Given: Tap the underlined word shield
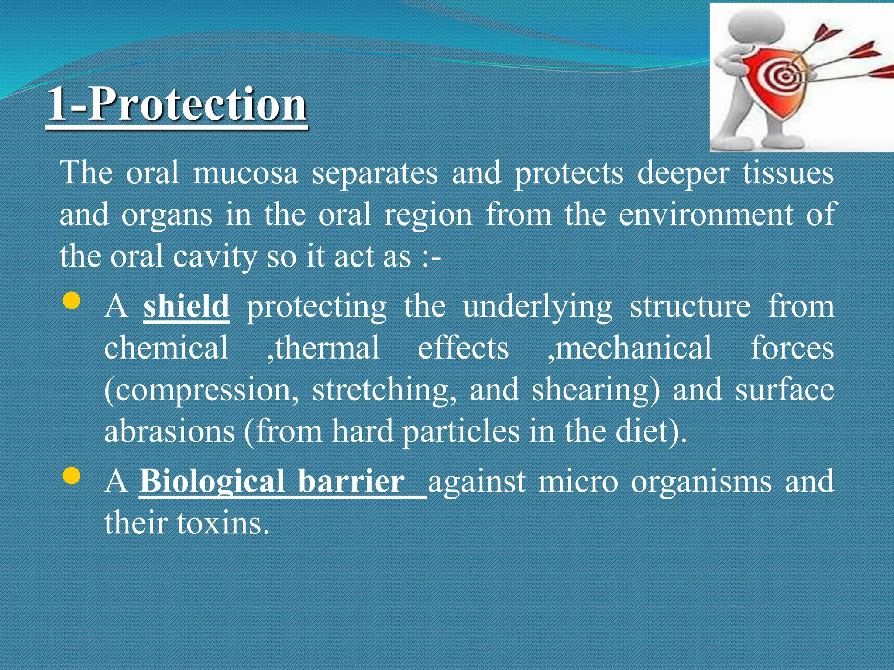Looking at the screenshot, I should point(186,306).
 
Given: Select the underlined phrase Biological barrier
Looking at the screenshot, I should point(273,482).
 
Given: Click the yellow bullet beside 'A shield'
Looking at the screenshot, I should point(72,301).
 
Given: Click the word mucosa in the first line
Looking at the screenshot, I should point(245,173).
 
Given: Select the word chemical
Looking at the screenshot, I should point(166,348).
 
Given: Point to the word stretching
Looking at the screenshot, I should point(385,390).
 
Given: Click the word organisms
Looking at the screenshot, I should point(701,482).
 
